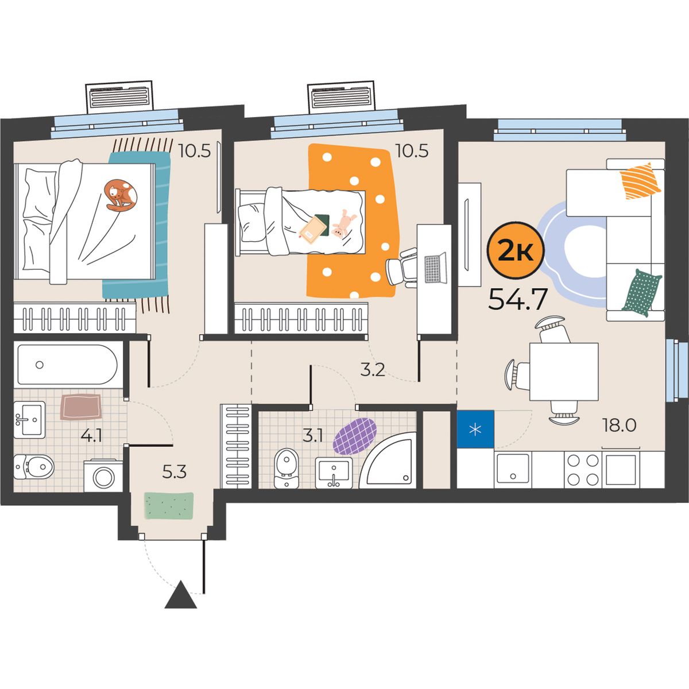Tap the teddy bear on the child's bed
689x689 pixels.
click(343, 224)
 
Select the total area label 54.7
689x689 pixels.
click(518, 299)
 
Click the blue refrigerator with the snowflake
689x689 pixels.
click(475, 429)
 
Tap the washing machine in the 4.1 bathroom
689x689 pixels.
click(103, 476)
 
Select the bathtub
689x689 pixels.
click(67, 365)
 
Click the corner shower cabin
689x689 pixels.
click(388, 460)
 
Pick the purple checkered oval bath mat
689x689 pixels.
click(355, 436)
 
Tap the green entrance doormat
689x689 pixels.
click(169, 506)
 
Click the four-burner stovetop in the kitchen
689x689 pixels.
click(583, 470)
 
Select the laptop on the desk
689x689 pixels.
click(435, 268)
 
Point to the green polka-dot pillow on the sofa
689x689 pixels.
click(642, 293)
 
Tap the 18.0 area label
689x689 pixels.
click(620, 425)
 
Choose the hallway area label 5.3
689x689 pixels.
click(175, 472)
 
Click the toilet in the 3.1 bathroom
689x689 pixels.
click(287, 468)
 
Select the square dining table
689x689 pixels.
click(564, 372)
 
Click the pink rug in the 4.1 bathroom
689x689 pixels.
click(80, 407)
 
